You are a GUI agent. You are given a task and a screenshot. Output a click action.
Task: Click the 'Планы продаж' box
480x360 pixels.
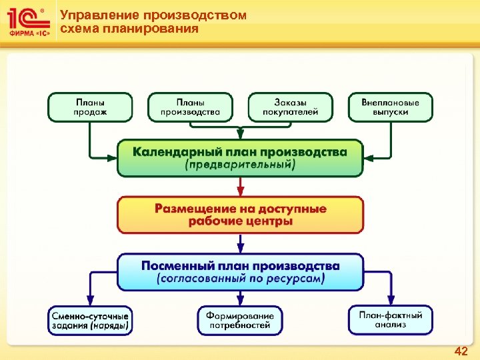[90, 107]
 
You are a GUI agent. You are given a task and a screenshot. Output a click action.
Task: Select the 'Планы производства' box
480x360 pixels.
[190, 107]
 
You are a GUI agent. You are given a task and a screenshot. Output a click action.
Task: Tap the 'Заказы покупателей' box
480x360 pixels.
[291, 107]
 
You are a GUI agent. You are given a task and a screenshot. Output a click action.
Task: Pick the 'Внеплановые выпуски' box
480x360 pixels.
[390, 107]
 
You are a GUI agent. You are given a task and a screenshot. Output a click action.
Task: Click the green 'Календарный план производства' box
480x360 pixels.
[240, 157]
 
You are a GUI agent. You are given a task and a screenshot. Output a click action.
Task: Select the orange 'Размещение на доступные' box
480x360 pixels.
[240, 214]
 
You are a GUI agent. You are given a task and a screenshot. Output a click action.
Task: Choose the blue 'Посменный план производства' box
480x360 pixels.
[240, 271]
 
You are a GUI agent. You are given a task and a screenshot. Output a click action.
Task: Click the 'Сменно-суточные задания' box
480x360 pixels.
[90, 320]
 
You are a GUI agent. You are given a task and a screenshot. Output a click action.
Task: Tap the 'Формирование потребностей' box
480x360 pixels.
[240, 320]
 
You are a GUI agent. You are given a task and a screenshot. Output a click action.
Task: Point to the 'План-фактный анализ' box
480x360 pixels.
[390, 320]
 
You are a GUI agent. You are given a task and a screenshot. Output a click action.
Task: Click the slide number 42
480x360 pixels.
[461, 351]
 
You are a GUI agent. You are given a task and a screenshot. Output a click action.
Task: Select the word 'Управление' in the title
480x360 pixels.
[93, 15]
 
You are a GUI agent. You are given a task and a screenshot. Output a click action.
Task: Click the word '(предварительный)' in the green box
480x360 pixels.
[240, 165]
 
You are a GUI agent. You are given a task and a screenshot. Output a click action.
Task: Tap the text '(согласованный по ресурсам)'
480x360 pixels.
[240, 279]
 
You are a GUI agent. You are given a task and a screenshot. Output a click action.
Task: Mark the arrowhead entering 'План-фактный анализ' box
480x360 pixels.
[390, 302]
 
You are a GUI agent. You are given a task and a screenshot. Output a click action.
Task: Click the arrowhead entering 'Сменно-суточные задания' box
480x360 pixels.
[90, 302]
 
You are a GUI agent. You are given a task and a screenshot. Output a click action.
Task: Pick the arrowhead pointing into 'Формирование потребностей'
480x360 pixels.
[240, 302]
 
